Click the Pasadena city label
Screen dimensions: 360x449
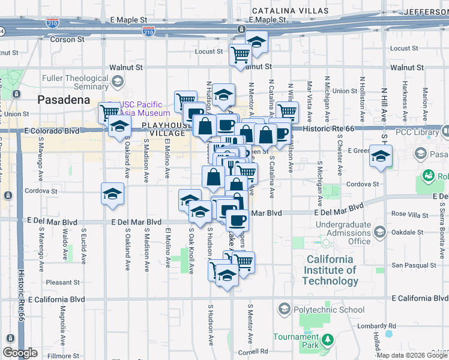[x=64, y=100]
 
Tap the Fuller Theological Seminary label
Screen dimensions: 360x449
[x=74, y=83]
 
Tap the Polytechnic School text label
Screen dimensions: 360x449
[x=329, y=310]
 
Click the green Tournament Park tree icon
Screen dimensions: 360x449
[x=327, y=341]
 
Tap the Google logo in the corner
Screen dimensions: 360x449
[x=20, y=353]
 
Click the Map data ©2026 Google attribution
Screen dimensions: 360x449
[x=411, y=355]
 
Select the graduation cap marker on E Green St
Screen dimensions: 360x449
[x=380, y=155]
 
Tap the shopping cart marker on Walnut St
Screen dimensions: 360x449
[x=241, y=55]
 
